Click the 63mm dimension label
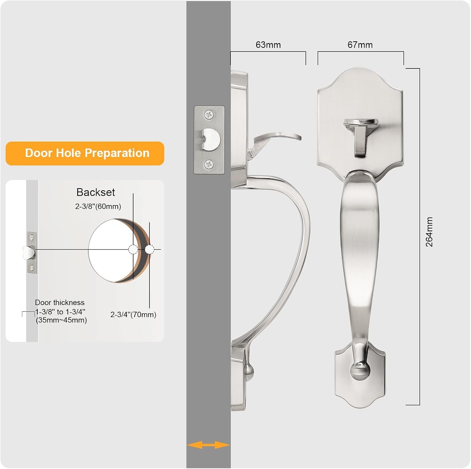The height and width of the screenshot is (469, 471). pyautogui.click(x=268, y=45)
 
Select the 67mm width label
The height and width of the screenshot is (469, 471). pyautogui.click(x=360, y=45)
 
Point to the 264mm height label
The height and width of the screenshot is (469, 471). pyautogui.click(x=429, y=232)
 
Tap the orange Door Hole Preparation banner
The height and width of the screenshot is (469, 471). pyautogui.click(x=85, y=153)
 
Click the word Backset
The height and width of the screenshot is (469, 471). pyautogui.click(x=96, y=192)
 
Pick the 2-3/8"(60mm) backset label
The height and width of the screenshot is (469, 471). pyautogui.click(x=98, y=206)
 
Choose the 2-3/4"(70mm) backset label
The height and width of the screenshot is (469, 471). pyautogui.click(x=133, y=315)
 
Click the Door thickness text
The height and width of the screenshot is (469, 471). pyautogui.click(x=60, y=303)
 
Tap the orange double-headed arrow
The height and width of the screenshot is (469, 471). pyautogui.click(x=208, y=445)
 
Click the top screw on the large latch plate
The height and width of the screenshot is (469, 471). pyautogui.click(x=209, y=115)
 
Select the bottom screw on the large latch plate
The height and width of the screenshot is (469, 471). pyautogui.click(x=209, y=164)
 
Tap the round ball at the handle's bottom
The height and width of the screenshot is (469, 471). pyautogui.click(x=360, y=370)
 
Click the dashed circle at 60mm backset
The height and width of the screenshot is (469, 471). pyautogui.click(x=133, y=250)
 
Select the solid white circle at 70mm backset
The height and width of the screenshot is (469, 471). pyautogui.click(x=149, y=250)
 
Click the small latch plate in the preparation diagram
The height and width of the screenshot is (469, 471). pyautogui.click(x=31, y=253)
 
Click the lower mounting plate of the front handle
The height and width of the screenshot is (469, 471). pyautogui.click(x=360, y=375)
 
